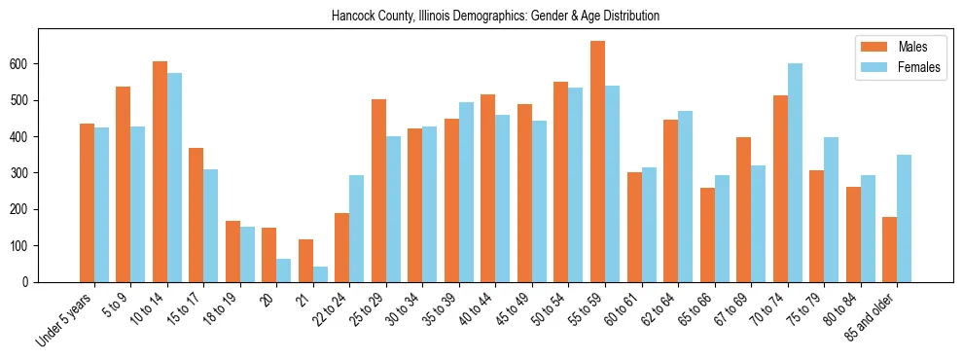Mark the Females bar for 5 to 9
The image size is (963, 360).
[138, 204]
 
